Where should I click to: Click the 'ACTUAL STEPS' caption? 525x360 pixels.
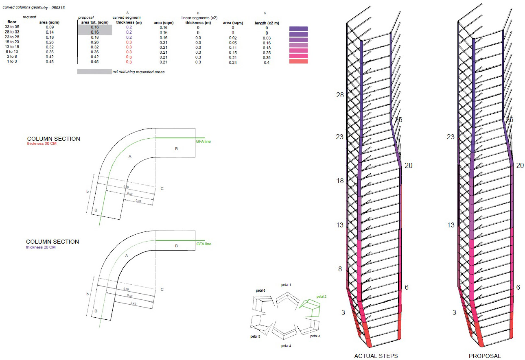point(376,356)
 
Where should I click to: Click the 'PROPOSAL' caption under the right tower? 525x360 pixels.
point(485,356)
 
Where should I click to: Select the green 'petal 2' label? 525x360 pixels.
point(322,297)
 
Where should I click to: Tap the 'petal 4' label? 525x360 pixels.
point(286,346)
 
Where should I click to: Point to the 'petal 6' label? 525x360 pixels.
point(260,290)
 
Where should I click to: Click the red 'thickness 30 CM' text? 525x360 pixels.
point(42,144)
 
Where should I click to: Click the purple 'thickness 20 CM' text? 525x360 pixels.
point(41,247)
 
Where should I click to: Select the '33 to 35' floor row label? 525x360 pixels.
point(12,27)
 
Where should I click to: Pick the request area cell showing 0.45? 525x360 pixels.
point(50,62)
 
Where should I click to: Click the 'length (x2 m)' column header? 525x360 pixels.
point(267,23)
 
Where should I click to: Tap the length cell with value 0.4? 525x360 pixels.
point(267,63)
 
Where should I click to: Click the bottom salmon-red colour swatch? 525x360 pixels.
point(298,61)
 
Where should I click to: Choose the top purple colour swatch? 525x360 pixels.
point(298,28)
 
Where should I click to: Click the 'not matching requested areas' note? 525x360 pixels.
point(138,72)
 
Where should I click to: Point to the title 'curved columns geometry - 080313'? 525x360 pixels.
point(33,7)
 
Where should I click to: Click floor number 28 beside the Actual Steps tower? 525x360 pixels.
point(340,95)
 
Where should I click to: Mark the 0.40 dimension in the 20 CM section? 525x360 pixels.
point(133,303)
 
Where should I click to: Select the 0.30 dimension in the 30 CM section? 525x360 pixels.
point(138,201)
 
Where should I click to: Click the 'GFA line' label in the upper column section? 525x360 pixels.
point(203,142)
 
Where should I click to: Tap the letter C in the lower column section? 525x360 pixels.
point(162,290)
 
